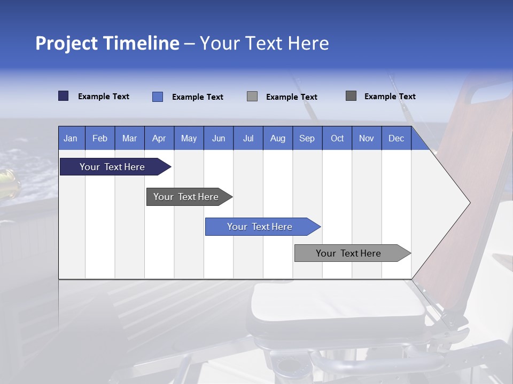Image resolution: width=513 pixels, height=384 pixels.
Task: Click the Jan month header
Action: [x=71, y=139]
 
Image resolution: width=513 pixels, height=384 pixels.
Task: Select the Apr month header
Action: [x=159, y=139]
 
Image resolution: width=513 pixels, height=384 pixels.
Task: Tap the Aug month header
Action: [x=278, y=139]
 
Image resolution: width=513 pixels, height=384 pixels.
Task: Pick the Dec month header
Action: [x=396, y=139]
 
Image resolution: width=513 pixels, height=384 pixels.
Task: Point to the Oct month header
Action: [x=337, y=139]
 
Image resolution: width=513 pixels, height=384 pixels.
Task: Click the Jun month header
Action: [x=219, y=139]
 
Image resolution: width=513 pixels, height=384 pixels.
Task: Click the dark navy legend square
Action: [x=63, y=96]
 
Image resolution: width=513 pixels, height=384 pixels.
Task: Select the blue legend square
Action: [x=157, y=97]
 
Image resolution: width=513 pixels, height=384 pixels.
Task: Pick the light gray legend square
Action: [x=252, y=97]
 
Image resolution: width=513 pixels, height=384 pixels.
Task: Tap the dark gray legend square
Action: [x=351, y=96]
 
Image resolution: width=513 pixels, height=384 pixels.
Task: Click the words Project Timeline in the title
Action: [x=107, y=43]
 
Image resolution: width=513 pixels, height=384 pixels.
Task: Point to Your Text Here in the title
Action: [x=264, y=43]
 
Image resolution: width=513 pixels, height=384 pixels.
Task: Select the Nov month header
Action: [x=367, y=139]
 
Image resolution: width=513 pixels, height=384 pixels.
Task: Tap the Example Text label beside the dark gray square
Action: [x=390, y=97]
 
